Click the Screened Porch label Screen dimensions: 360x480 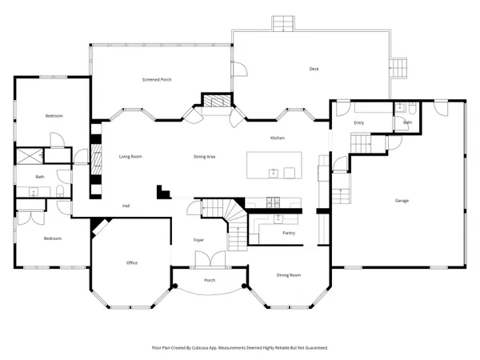[x=157, y=80]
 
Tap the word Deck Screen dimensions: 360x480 [x=314, y=69]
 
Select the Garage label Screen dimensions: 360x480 [x=401, y=200]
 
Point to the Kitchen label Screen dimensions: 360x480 [x=278, y=138]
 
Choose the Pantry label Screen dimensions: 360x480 [x=290, y=233]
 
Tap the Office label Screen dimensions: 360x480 [x=133, y=262]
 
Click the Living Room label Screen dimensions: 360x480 [x=130, y=156]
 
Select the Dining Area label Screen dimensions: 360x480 [x=205, y=156]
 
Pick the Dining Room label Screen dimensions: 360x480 [x=289, y=274]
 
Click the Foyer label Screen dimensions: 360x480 [x=199, y=240]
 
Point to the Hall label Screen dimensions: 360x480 [x=126, y=206]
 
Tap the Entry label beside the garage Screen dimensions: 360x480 [x=359, y=122]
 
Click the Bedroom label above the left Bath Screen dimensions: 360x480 [x=54, y=116]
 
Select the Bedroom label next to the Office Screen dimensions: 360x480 [x=52, y=238]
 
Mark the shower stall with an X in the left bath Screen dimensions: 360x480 [x=30, y=157]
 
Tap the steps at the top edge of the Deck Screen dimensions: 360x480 [x=283, y=24]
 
